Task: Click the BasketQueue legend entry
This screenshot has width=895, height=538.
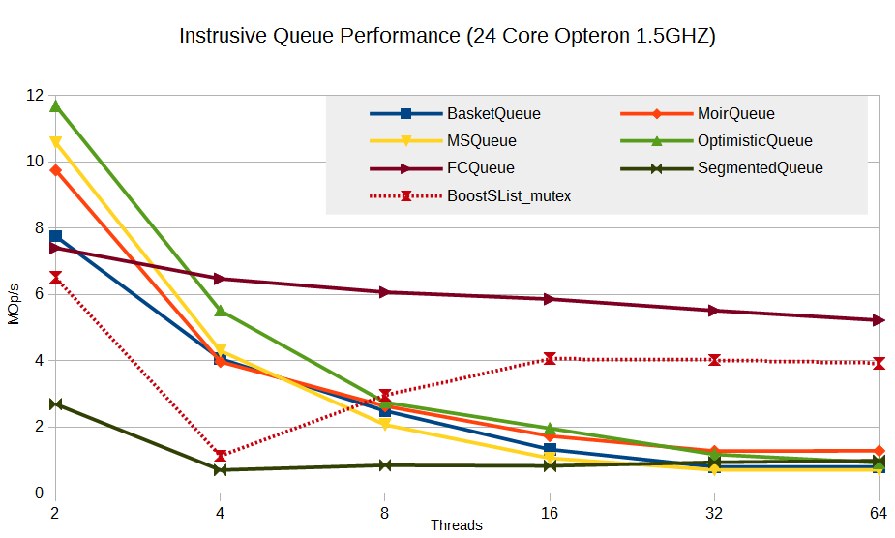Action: (493, 113)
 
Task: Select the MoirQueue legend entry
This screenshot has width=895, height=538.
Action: (735, 113)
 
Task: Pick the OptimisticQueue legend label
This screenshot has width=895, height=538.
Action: (755, 140)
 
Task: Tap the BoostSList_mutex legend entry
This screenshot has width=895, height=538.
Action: (509, 194)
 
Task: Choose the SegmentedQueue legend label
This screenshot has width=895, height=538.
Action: (760, 167)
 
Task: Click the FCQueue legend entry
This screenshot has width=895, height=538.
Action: (480, 167)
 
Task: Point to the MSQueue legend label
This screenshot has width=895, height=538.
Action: (482, 140)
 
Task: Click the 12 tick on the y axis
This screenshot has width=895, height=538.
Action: (36, 95)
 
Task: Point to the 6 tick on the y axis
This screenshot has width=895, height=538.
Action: (39, 294)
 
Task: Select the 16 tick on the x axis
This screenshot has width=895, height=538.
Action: (550, 512)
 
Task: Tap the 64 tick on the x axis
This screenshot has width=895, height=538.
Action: (879, 512)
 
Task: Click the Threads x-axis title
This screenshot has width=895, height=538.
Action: (457, 526)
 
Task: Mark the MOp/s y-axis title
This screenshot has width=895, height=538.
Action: (14, 305)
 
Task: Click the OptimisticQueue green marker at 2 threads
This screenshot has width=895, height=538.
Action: (56, 105)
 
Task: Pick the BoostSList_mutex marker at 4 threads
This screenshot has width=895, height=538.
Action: (221, 455)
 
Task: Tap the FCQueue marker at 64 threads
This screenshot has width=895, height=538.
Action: (879, 320)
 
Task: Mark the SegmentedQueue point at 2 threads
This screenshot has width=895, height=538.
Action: (56, 403)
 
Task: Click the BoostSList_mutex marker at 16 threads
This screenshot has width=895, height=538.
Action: (550, 358)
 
